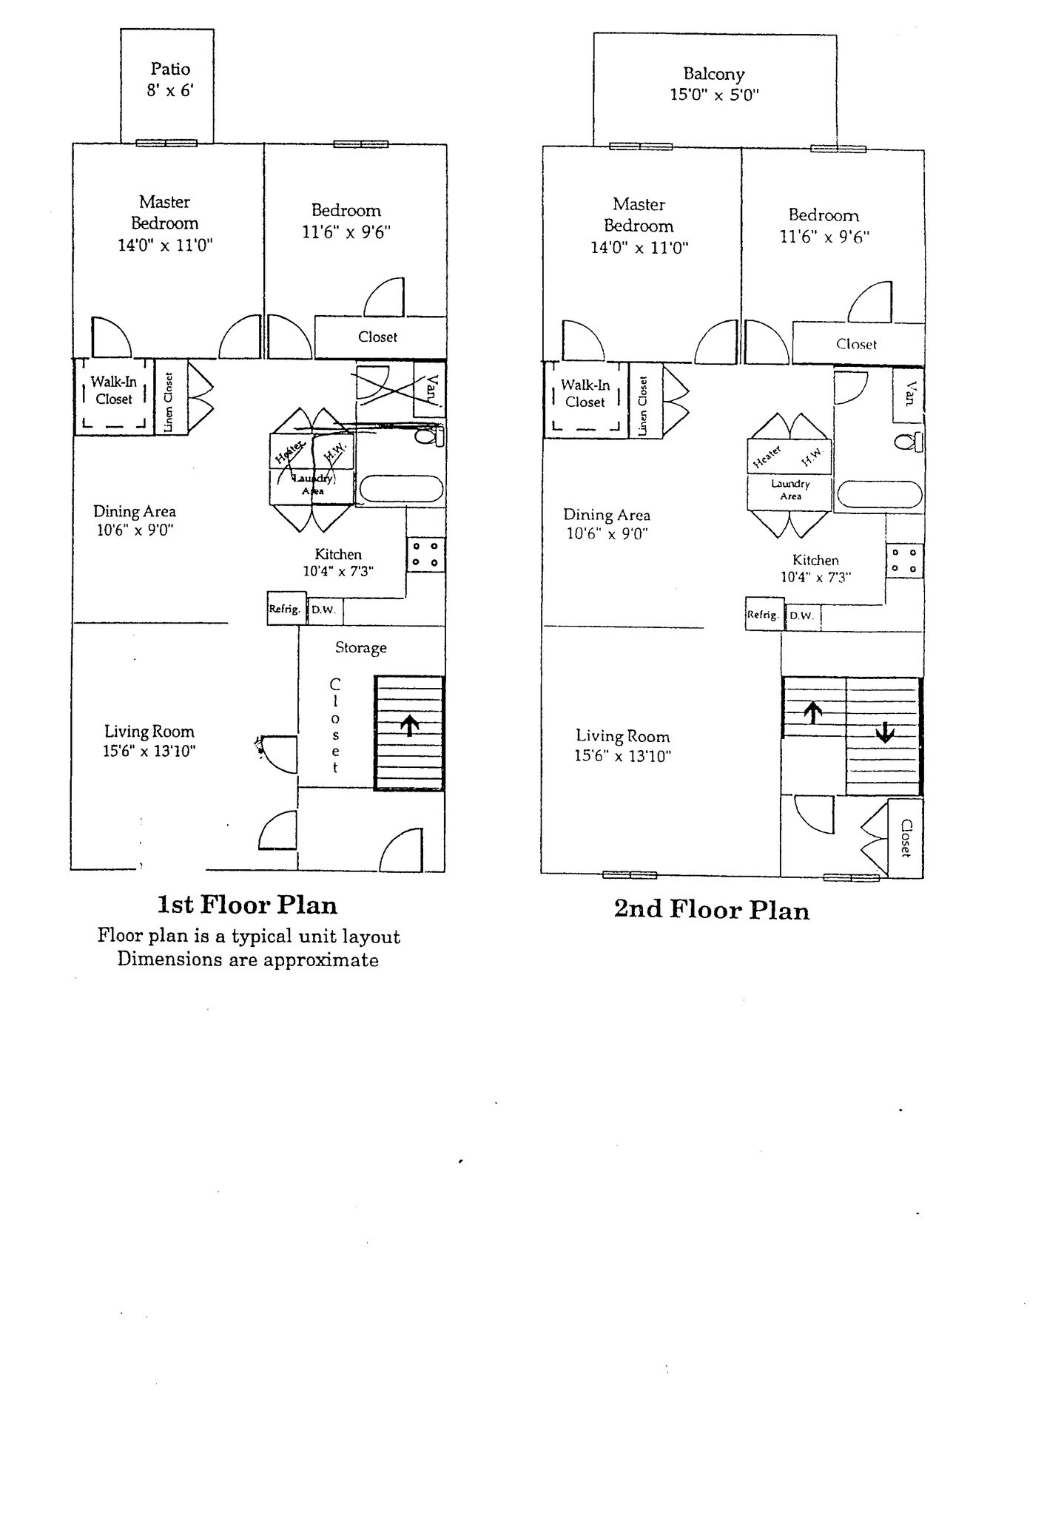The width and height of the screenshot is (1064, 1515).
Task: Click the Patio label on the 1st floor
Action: pyautogui.click(x=170, y=69)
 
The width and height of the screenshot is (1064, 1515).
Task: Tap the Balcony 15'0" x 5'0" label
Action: pyautogui.click(x=714, y=84)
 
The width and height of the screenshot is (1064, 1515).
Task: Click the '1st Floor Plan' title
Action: pyautogui.click(x=247, y=905)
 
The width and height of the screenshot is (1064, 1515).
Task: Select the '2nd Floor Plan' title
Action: pyautogui.click(x=711, y=910)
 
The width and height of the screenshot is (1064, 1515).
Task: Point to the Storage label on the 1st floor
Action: pyautogui.click(x=360, y=647)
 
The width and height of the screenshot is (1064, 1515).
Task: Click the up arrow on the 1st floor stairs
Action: pyautogui.click(x=410, y=725)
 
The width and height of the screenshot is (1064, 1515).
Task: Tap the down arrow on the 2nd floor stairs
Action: pyautogui.click(x=885, y=732)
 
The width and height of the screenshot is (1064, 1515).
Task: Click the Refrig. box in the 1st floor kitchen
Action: pyautogui.click(x=285, y=609)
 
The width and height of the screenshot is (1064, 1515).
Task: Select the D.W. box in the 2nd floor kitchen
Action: pyautogui.click(x=801, y=615)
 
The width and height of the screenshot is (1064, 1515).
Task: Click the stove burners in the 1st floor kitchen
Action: pyautogui.click(x=425, y=555)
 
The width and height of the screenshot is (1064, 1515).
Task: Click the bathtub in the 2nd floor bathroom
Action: pyautogui.click(x=880, y=495)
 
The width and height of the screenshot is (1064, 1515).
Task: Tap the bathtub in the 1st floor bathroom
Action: pyautogui.click(x=400, y=488)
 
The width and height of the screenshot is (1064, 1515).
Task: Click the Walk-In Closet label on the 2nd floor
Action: pyautogui.click(x=585, y=393)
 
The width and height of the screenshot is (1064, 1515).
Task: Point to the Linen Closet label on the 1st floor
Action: pyautogui.click(x=169, y=402)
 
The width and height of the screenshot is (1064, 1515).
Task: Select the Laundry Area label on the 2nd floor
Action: pyautogui.click(x=790, y=489)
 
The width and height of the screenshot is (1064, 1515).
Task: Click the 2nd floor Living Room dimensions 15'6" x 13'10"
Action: pyautogui.click(x=622, y=756)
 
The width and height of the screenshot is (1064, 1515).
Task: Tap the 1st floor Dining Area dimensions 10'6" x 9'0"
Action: pyautogui.click(x=135, y=530)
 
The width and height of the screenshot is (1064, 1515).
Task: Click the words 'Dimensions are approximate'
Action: pyautogui.click(x=248, y=960)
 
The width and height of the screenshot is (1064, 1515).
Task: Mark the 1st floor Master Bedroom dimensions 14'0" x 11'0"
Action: pyautogui.click(x=165, y=245)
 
